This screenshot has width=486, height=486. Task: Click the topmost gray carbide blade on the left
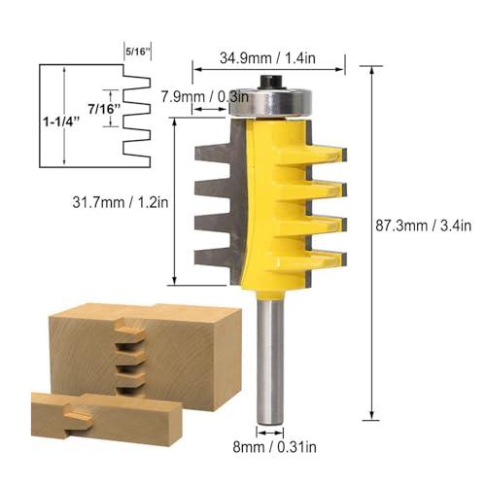pos(216,150)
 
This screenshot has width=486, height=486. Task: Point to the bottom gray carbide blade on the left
pos(216,258)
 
